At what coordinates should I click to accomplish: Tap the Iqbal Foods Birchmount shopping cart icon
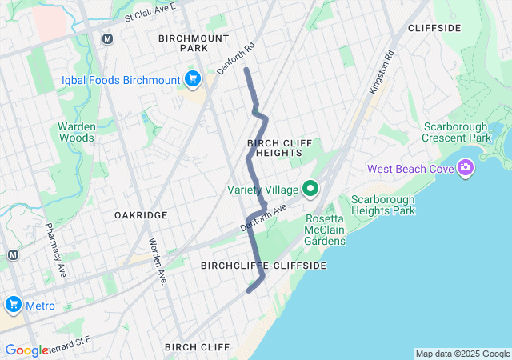[192, 78]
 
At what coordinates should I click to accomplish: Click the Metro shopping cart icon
[13, 305]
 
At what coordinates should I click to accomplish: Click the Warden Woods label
[76, 132]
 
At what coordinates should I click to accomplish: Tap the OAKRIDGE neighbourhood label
[141, 215]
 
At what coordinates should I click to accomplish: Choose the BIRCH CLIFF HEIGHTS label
[274, 147]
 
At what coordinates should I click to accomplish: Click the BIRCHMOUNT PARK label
[194, 43]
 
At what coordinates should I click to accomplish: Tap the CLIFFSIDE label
[434, 28]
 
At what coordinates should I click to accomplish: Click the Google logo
[26, 350]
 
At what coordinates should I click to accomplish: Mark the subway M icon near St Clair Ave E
[107, 38]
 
